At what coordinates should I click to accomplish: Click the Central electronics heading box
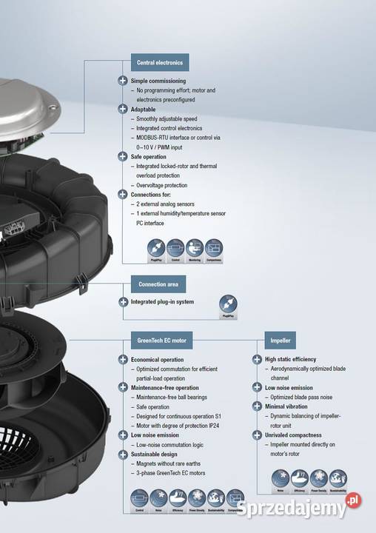[x=159, y=62]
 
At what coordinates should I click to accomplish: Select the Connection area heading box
[x=158, y=284]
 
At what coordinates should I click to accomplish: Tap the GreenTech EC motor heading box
[x=161, y=341]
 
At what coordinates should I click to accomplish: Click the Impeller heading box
[x=281, y=341]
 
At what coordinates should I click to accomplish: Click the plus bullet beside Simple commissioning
[x=123, y=81]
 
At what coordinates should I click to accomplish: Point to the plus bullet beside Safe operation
[x=123, y=156]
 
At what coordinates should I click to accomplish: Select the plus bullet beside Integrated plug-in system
[x=123, y=302]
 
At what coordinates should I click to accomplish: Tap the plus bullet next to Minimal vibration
[x=256, y=406]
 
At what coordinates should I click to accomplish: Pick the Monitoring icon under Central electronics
[x=194, y=248]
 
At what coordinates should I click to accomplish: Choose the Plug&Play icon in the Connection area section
[x=228, y=304]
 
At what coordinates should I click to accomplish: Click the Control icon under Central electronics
[x=175, y=248]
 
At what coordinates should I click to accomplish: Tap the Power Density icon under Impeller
[x=319, y=479]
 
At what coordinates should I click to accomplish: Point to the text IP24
[x=215, y=426]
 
